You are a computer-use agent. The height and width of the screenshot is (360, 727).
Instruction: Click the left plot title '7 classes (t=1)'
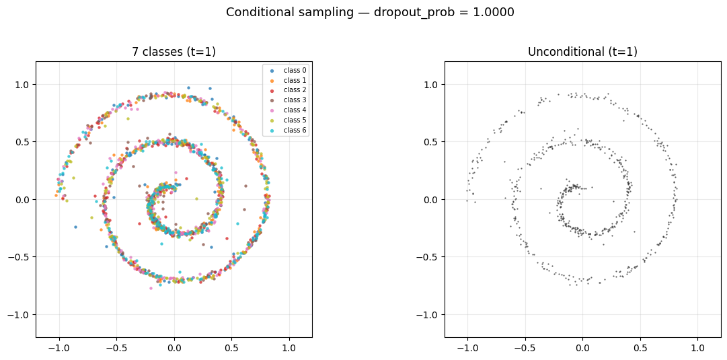[x=174, y=52]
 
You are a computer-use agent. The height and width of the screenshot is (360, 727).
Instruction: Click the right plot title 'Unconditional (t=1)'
[x=582, y=52]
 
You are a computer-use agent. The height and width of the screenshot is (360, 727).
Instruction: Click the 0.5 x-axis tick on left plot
[x=231, y=349]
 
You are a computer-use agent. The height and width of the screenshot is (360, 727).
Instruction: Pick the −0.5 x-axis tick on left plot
[x=114, y=349]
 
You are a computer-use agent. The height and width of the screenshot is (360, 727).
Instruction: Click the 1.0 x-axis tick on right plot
[x=698, y=349]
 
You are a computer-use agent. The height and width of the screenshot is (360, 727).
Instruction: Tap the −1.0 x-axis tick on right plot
[x=465, y=349]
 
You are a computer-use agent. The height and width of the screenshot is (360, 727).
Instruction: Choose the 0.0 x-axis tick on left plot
[x=174, y=349]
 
